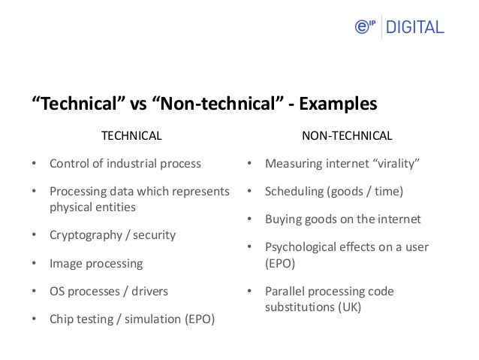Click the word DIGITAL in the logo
tap(414, 28)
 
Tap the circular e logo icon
tap(363, 28)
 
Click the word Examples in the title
tap(338, 103)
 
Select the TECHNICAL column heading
tap(131, 136)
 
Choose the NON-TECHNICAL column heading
tap(346, 136)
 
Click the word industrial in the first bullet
tap(128, 163)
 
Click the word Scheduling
tap(294, 192)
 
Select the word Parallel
tap(286, 291)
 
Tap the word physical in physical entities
tap(72, 206)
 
